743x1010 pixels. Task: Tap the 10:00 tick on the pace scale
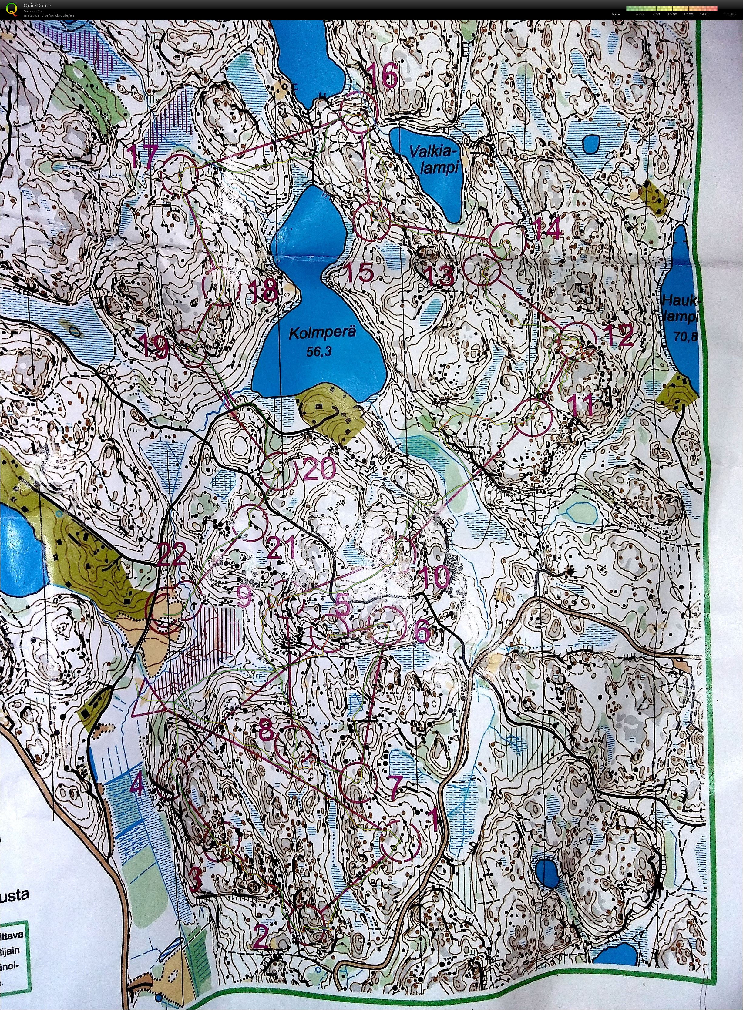pyautogui.click(x=672, y=14)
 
